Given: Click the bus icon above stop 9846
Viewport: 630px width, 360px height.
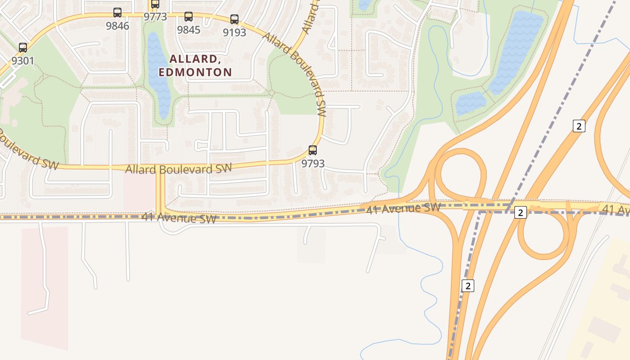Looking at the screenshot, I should (117, 13).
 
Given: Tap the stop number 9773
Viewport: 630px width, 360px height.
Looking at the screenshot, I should (155, 17).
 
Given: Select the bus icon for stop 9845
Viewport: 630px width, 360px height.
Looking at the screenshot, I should (189, 17).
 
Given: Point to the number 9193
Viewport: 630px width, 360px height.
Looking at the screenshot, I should (234, 32).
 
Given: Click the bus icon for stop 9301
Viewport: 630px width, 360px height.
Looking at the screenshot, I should (22, 48).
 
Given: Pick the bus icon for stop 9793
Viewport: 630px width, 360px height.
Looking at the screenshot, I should (312, 150).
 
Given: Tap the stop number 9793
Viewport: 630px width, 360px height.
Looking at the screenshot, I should (313, 163).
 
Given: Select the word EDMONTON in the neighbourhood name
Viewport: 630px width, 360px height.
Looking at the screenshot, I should (195, 72).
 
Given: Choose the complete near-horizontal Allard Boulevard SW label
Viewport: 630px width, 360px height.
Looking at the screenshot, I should (178, 169).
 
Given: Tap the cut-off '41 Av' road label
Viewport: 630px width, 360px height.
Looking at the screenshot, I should (616, 209).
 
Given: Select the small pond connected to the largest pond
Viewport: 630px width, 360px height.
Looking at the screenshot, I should (471, 103).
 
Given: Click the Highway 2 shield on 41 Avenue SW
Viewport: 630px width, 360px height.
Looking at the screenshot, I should (521, 212).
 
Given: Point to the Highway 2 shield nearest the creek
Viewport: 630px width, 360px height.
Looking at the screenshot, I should (468, 285).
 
